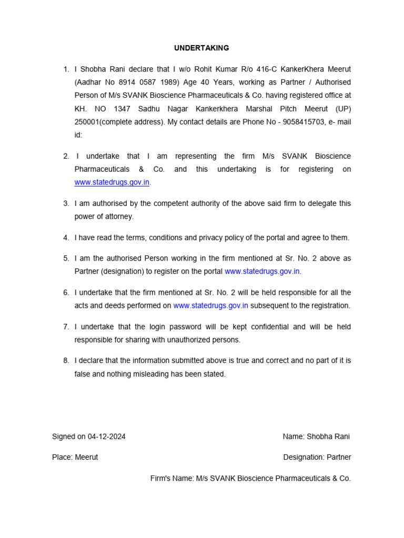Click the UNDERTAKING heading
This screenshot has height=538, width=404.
[x=201, y=48]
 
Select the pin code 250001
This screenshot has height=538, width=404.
[x=86, y=122]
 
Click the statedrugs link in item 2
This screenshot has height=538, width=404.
[x=112, y=182]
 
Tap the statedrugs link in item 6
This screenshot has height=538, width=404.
[x=210, y=306]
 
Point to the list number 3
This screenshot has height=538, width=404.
[x=66, y=203]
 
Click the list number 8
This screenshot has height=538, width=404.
[x=66, y=361]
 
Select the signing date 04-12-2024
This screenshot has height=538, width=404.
[x=107, y=437]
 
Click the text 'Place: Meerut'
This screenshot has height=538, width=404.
[x=75, y=457]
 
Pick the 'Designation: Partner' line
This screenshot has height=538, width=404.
[x=317, y=457]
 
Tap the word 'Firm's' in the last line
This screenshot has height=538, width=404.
[x=160, y=478]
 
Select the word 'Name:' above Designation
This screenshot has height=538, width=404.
[x=294, y=437]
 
